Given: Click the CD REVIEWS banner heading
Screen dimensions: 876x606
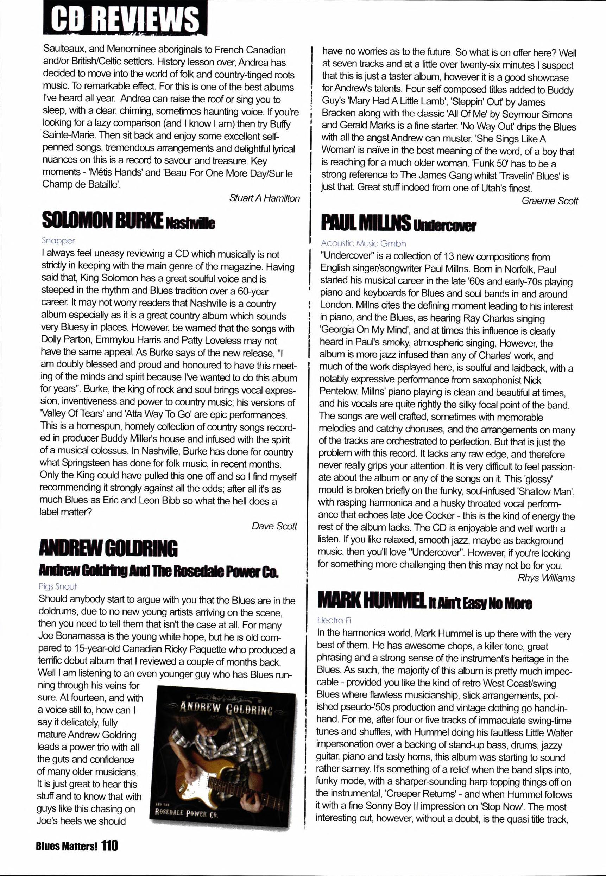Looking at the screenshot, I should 125,18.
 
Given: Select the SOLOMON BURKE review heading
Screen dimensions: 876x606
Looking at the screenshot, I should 102,221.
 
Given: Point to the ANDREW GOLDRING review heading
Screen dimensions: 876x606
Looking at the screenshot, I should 108,548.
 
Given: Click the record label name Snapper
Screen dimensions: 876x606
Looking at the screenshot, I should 58,241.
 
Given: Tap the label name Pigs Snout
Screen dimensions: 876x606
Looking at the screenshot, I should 58,586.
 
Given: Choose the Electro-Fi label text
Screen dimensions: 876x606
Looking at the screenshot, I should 334,621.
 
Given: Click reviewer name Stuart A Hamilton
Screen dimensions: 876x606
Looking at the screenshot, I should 264,198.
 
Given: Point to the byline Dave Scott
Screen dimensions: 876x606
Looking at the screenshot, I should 274,526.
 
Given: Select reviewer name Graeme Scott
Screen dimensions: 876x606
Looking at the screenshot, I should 550,201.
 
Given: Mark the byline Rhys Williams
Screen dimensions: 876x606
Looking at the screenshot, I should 546,578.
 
